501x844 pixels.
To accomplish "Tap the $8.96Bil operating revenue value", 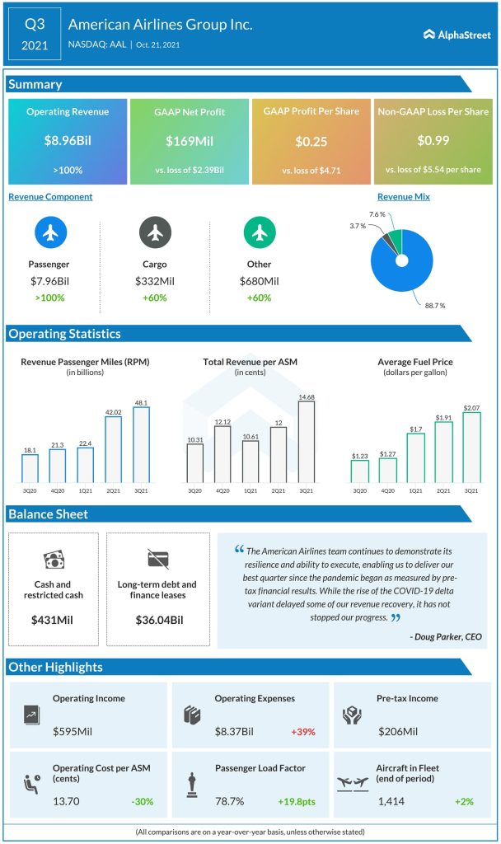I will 68,141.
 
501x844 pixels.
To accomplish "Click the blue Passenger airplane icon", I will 49,234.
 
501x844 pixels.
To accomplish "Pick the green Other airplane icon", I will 260,234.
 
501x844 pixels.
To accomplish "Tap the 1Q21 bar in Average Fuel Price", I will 415,457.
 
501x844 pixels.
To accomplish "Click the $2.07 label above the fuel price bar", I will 471,407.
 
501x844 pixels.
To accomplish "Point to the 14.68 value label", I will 307,397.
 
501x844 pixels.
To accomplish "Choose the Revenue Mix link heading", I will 404,197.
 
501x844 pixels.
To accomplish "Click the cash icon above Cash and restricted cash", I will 53,560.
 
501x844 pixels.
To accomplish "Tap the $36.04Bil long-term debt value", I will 157,618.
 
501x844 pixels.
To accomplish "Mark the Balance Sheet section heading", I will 48,514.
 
